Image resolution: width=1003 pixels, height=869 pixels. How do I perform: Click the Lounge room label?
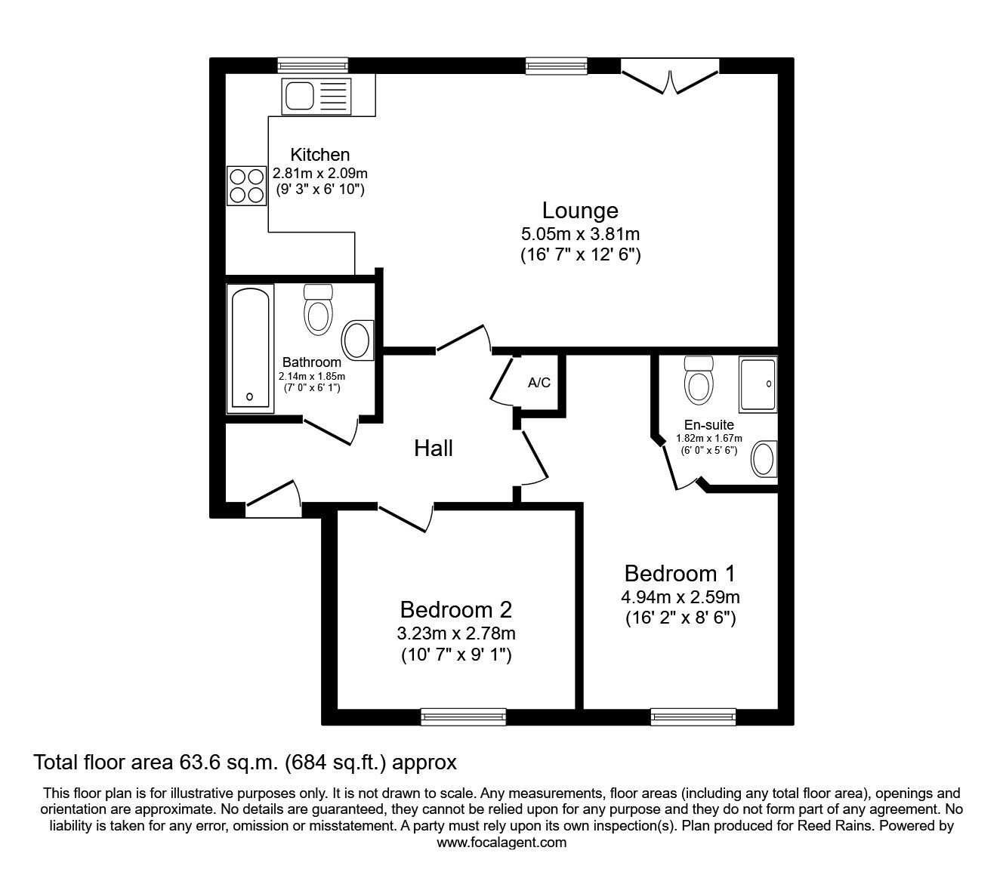[580, 210]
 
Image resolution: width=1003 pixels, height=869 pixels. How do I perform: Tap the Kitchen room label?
[319, 155]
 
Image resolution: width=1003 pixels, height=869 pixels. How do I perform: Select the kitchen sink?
[316, 96]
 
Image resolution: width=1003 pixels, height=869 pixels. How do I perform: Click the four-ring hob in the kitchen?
[247, 186]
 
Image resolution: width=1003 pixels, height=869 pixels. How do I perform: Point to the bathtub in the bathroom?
[250, 348]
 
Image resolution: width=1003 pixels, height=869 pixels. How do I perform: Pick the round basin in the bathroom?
[358, 341]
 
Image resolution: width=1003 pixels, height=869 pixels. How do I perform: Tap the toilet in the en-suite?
[699, 381]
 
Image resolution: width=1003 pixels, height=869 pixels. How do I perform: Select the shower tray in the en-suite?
[758, 384]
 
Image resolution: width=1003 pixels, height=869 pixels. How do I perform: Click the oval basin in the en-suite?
[764, 459]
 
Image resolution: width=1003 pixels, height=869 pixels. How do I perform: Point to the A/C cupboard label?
[539, 383]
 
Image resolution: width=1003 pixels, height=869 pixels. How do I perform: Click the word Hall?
[434, 448]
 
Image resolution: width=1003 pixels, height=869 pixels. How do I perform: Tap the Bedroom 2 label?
[456, 610]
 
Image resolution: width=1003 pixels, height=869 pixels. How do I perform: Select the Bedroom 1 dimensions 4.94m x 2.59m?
[680, 596]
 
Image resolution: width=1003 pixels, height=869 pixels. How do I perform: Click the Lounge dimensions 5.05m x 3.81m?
[580, 234]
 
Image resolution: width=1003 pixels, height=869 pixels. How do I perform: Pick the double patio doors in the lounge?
[670, 75]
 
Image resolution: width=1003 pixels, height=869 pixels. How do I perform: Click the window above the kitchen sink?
[313, 66]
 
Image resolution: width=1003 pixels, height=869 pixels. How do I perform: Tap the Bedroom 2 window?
[464, 716]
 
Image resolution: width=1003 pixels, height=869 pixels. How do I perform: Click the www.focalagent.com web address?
[501, 843]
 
